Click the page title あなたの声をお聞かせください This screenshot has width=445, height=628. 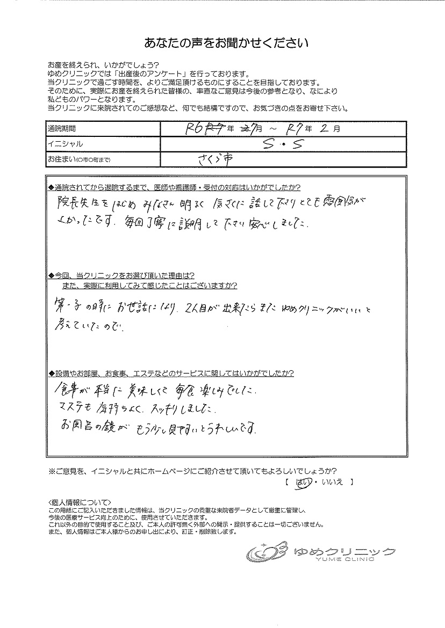click(226, 43)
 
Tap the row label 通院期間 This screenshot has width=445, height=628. click(62, 129)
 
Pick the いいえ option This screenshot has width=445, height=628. click(332, 483)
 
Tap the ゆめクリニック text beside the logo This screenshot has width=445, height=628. click(344, 550)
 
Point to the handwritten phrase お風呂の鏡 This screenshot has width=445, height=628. click(88, 428)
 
